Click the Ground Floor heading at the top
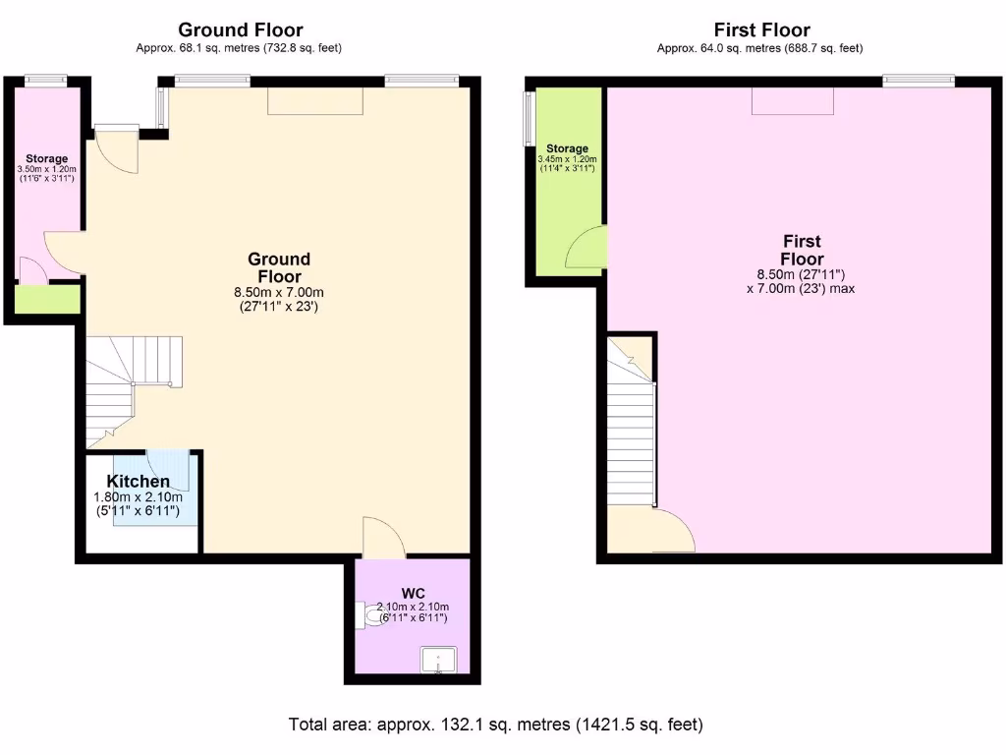point(240,30)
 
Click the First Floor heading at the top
point(761,30)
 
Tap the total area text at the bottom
point(495,726)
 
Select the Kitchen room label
point(138,482)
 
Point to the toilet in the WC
point(373,616)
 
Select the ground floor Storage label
point(46,158)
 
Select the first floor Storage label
point(567,148)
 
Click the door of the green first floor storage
point(587,247)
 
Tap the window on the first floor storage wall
point(529,118)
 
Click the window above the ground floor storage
point(45,81)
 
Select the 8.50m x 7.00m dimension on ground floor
point(278,292)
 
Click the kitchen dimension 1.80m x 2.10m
point(137,498)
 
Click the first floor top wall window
point(918,81)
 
